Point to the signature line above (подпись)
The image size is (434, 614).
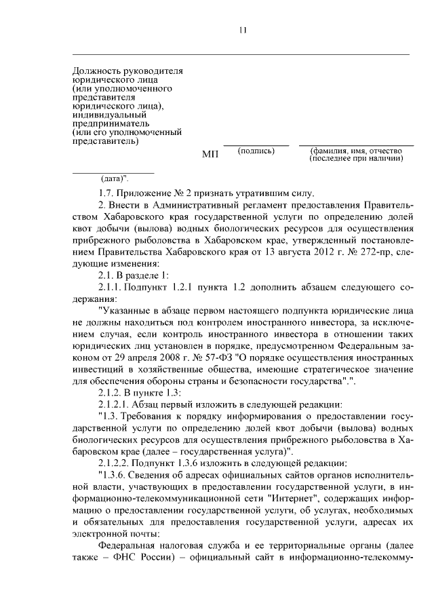point(256,145)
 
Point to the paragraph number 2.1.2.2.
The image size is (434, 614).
point(117,463)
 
